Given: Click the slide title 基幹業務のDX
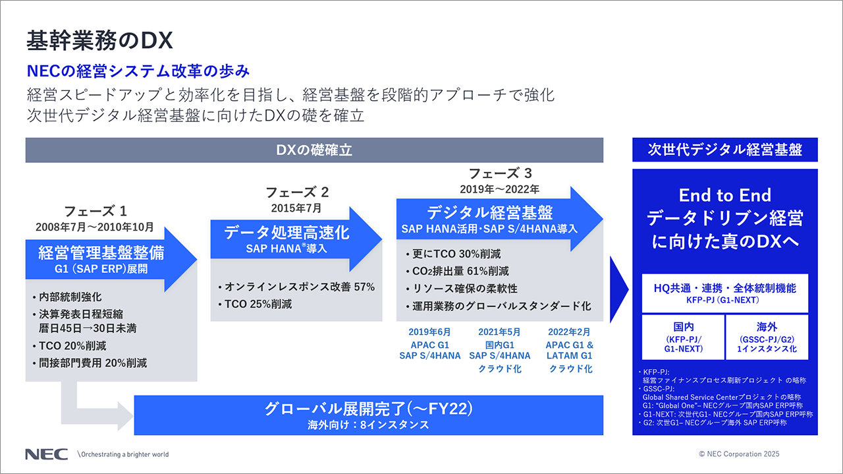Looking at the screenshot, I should coord(99,41).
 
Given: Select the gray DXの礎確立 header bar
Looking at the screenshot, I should coord(314,150).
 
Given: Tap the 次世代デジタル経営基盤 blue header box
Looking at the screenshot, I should coord(724,150).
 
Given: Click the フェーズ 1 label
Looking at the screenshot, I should coord(95,212).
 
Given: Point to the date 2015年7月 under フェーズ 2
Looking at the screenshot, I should coord(296,208).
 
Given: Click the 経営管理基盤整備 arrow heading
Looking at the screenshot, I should coord(101,252).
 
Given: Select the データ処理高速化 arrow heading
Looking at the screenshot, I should coord(286,233).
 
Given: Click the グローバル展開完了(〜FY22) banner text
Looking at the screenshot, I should coord(368,409).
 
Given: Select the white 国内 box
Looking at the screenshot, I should coord(683,337).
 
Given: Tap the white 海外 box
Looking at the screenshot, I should coord(767,337).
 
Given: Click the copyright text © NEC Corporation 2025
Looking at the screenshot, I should coord(739,454).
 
